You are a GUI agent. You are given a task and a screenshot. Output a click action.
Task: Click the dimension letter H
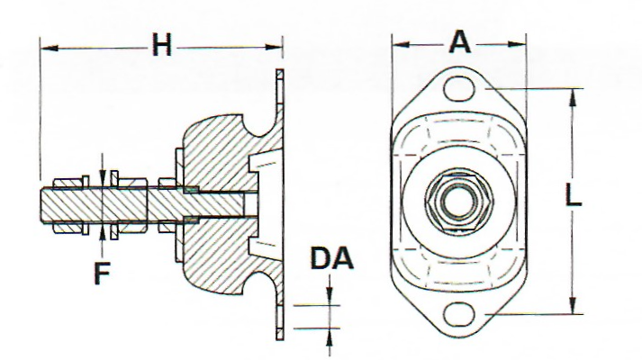[x=161, y=46]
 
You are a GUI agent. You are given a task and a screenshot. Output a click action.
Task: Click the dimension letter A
[x=460, y=41]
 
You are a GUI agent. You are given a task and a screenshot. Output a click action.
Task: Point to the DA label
[x=331, y=259]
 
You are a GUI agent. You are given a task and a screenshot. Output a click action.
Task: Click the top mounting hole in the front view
[x=460, y=88]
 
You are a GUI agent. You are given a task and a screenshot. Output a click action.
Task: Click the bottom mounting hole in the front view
[x=460, y=313]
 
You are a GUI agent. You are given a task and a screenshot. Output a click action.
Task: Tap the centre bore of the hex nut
[x=459, y=200]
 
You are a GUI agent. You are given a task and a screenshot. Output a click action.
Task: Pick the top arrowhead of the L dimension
[x=573, y=94]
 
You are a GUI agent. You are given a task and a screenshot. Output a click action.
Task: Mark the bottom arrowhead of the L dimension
[x=573, y=308]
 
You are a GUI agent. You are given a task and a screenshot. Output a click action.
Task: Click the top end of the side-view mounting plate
[x=281, y=74]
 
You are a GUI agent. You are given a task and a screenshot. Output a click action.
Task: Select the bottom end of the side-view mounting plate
[x=281, y=337]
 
